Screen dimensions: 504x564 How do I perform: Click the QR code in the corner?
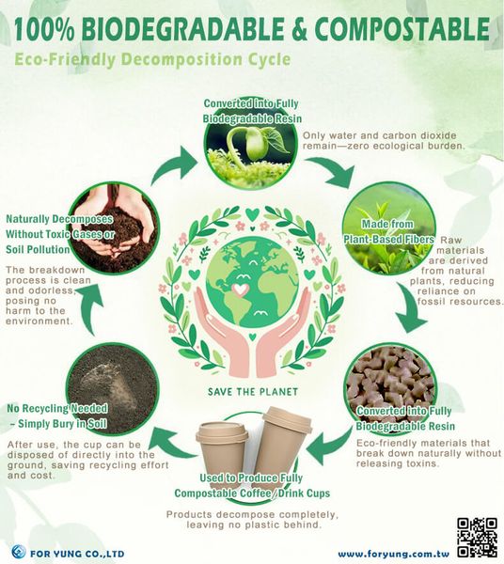pos(477,538)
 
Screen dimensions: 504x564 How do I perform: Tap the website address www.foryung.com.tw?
pos(394,554)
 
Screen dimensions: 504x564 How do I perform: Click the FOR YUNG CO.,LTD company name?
pos(77,554)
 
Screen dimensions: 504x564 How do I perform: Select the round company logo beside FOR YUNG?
pos(19,552)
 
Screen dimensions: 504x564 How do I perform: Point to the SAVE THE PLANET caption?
pos(253,391)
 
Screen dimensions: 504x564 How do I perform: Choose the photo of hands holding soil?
pos(113,228)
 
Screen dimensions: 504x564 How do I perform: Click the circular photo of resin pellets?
pos(390,389)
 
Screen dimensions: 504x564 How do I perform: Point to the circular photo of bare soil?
pos(113,388)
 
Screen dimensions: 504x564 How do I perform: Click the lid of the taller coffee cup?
pos(288,418)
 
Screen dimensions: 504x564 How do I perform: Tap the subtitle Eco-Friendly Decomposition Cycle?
pos(152,60)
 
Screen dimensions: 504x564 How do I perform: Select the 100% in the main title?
pos(44,29)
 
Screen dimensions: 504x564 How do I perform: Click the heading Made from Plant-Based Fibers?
pos(388,231)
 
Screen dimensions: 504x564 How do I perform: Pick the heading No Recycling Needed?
pos(57,408)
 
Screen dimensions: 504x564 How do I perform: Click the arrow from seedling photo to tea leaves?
pos(333,171)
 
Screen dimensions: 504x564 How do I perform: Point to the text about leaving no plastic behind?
pos(253,520)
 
